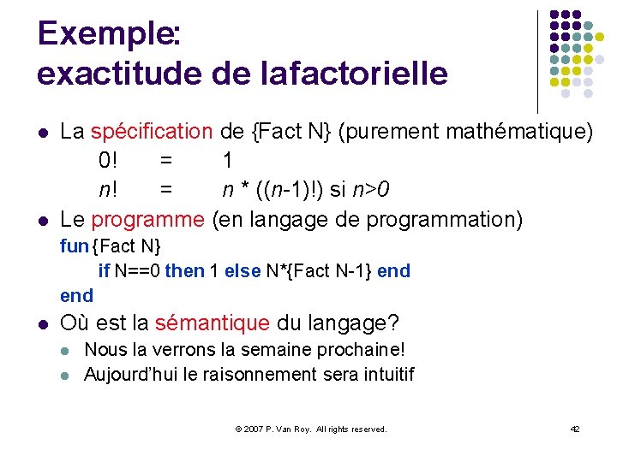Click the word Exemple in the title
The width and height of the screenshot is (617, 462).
tap(105, 34)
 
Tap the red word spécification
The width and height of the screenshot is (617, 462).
tap(152, 132)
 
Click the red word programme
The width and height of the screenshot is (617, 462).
tap(148, 219)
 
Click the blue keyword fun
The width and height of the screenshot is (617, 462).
tap(75, 247)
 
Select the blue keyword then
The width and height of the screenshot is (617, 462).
tap(184, 271)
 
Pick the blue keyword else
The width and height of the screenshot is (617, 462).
tap(242, 271)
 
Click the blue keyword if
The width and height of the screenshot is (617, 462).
tap(104, 271)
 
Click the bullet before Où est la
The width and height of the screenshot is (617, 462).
tap(42, 324)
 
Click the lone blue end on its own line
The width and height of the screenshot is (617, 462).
tap(76, 295)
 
